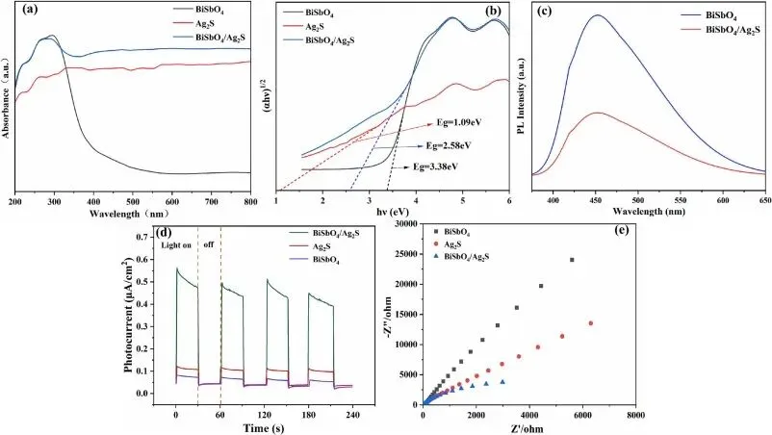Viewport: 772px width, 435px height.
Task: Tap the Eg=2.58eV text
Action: (x=448, y=144)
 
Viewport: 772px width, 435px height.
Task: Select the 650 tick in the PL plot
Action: (x=761, y=202)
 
